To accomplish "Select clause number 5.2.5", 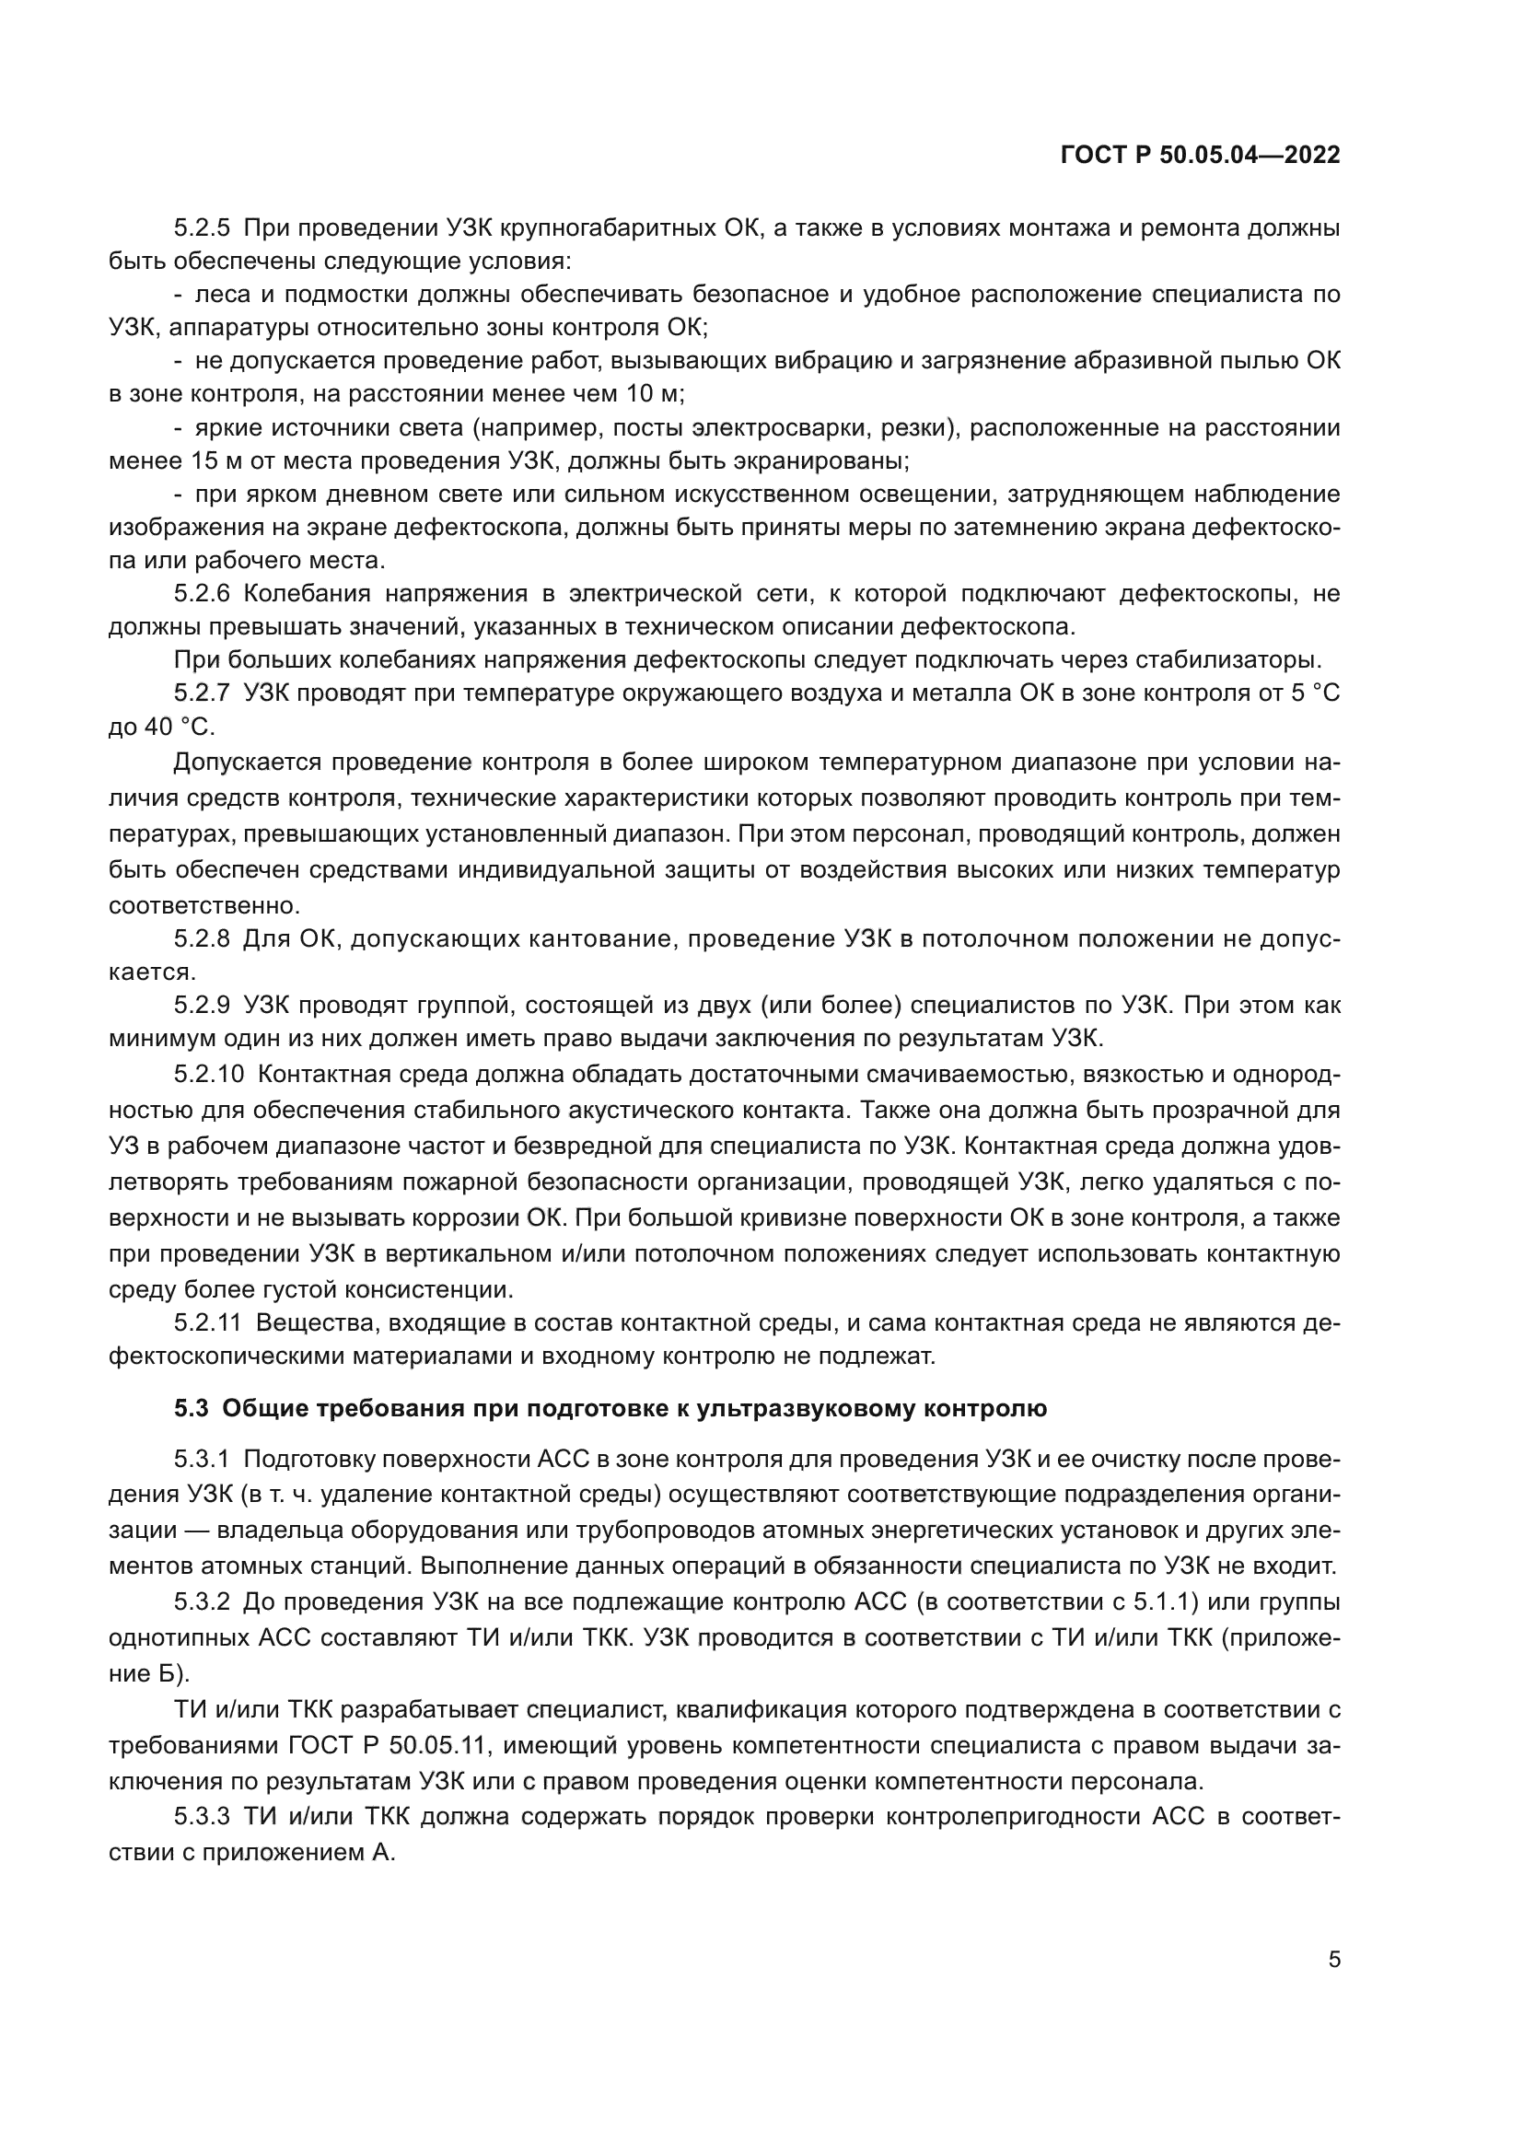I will pyautogui.click(x=202, y=228).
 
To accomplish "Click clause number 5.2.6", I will pyautogui.click(x=202, y=594).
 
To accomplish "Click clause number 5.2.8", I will pyautogui.click(x=202, y=938).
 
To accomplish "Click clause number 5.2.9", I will pyautogui.click(x=202, y=1005).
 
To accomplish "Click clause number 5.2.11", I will pyautogui.click(x=207, y=1323).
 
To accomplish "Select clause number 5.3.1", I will pyautogui.click(x=202, y=1459).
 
